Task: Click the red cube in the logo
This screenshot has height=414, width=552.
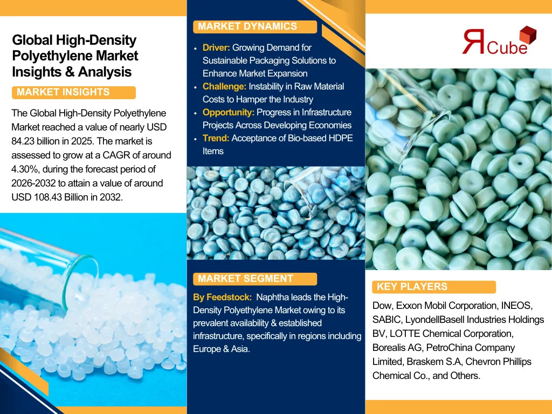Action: (x=528, y=35)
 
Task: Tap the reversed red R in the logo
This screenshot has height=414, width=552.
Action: (x=474, y=41)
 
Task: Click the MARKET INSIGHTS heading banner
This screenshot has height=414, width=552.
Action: (x=73, y=92)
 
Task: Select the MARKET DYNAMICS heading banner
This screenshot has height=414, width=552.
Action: (x=255, y=26)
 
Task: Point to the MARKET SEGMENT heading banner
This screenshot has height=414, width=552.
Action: (x=255, y=279)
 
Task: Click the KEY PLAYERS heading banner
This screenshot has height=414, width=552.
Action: (x=434, y=287)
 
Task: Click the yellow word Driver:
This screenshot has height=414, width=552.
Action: (x=216, y=47)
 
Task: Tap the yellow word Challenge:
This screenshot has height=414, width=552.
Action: (x=224, y=86)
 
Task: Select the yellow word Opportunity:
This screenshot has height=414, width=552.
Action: (x=228, y=112)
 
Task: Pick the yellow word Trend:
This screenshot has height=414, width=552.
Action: (x=216, y=138)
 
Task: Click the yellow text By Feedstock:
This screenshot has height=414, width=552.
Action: (x=222, y=298)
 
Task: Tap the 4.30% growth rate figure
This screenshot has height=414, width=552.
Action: (x=24, y=169)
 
